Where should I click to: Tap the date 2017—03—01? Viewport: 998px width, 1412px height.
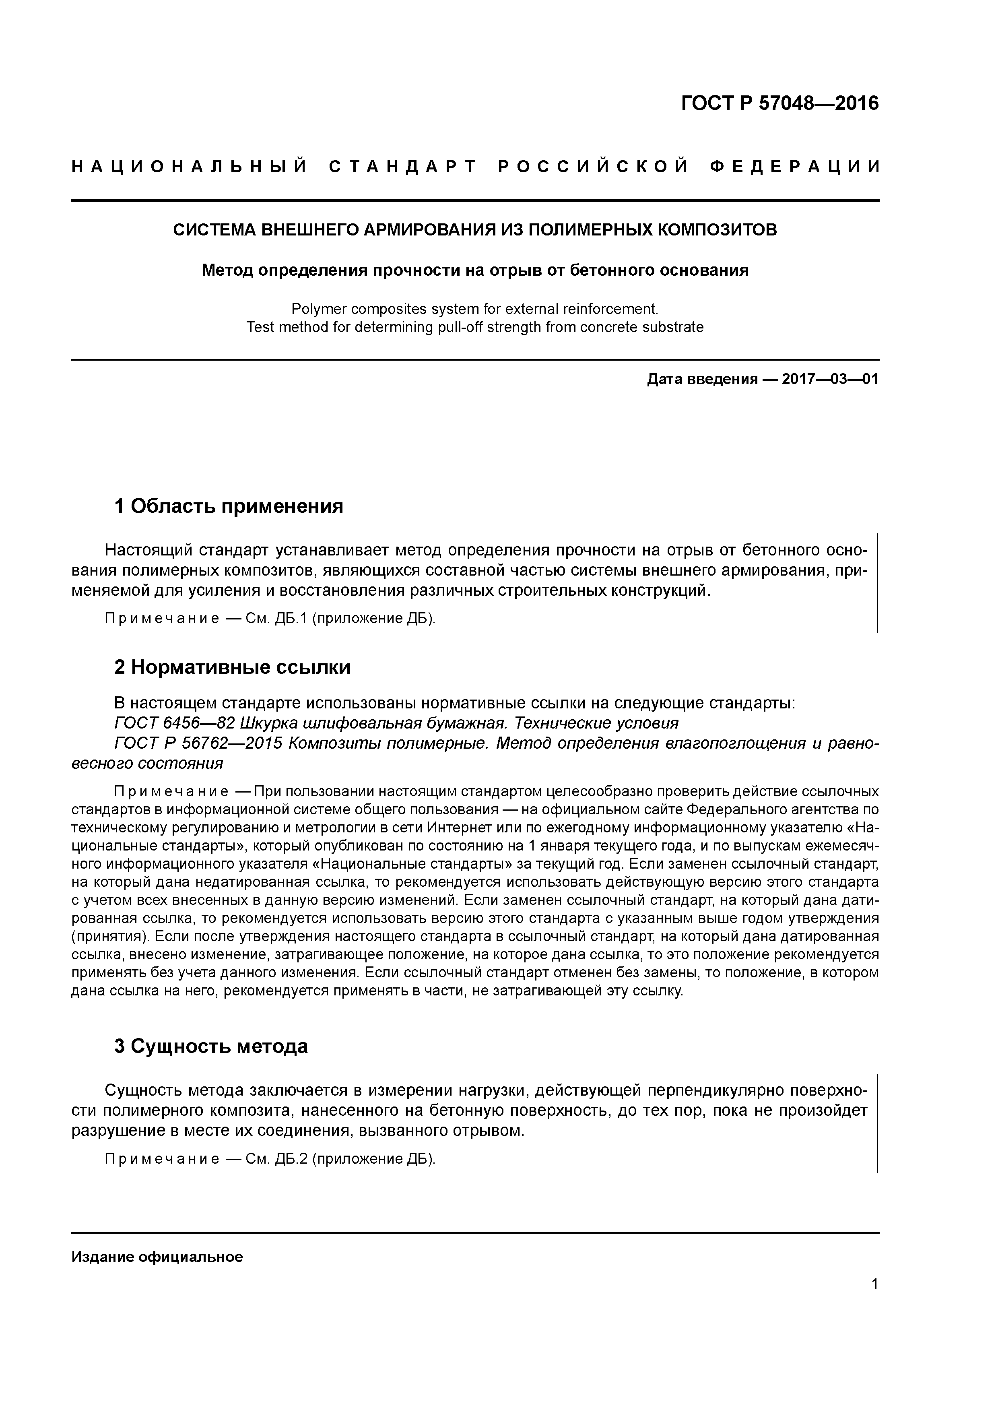[830, 379]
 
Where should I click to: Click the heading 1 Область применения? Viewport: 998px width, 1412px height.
[228, 506]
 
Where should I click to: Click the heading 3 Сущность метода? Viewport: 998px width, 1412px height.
[210, 1046]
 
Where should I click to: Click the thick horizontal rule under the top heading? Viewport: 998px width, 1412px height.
[475, 200]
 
